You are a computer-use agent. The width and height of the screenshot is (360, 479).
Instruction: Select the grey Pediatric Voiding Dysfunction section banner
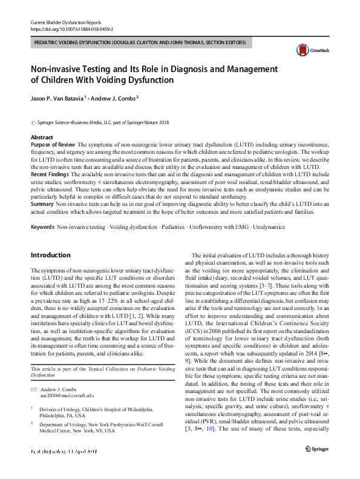click(x=140, y=43)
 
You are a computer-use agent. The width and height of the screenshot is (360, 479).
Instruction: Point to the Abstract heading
click(x=42, y=138)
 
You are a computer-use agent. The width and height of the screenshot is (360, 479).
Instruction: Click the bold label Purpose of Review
click(x=53, y=145)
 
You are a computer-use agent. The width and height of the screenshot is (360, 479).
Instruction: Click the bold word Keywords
click(x=42, y=226)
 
